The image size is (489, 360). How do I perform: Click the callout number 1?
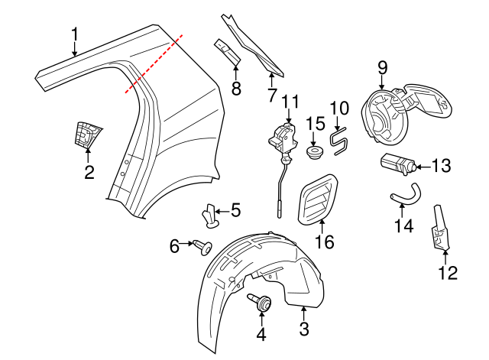tap(74, 34)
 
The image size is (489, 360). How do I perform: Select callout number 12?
tap(447, 271)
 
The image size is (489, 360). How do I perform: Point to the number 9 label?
tap(383, 68)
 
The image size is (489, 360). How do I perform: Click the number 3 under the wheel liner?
tap(303, 330)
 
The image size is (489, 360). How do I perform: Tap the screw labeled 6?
tap(202, 246)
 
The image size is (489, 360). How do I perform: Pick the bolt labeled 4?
tap(262, 304)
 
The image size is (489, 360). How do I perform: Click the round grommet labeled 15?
tap(313, 154)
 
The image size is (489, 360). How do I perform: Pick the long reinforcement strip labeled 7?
tap(252, 46)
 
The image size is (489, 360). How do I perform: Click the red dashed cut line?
tap(155, 63)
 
